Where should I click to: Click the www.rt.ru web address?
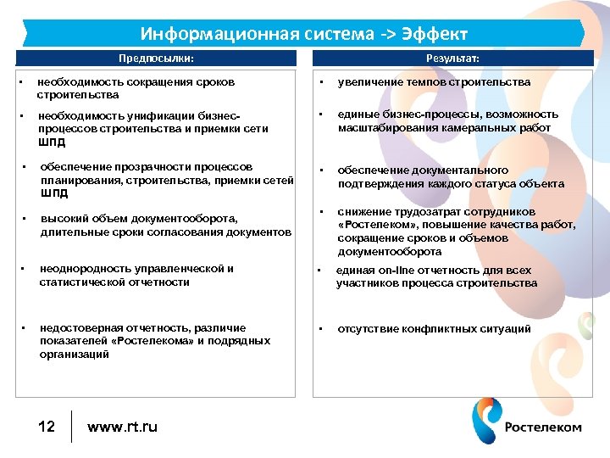tap(122, 426)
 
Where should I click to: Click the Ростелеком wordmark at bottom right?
tap(543, 427)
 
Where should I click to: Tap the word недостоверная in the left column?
tap(80, 327)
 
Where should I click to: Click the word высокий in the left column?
tap(62, 219)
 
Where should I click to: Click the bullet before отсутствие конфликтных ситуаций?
tap(321, 328)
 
